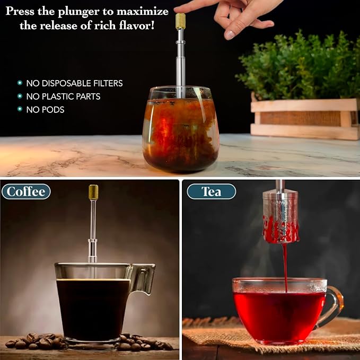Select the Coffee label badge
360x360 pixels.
click(x=26, y=191)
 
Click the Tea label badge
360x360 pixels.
click(x=211, y=191)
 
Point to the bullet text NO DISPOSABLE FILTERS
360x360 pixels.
click(x=74, y=83)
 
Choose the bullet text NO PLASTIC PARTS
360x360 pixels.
click(x=63, y=96)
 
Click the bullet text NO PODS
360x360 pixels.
click(x=45, y=110)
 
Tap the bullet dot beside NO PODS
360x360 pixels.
click(x=20, y=110)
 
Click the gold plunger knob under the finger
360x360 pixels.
click(x=180, y=21)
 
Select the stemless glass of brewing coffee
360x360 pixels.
click(x=180, y=130)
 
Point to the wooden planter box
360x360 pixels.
click(x=305, y=119)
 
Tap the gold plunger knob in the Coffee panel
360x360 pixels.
click(x=93, y=192)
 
